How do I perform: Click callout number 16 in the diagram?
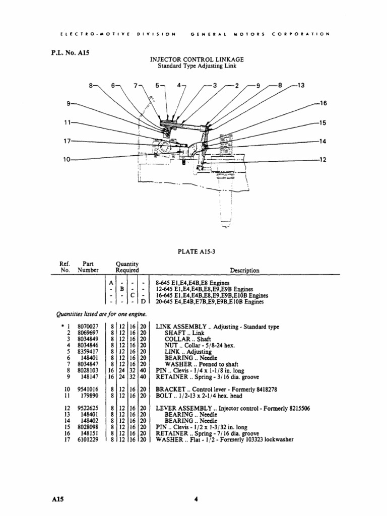click(324, 103)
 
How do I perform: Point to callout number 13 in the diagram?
click(301, 86)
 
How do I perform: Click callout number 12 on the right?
click(324, 160)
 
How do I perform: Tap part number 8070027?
click(88, 327)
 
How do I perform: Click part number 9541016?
click(88, 390)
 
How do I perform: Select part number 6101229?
click(88, 439)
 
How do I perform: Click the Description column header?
click(244, 271)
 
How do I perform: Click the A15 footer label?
click(57, 499)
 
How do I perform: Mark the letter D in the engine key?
click(144, 302)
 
